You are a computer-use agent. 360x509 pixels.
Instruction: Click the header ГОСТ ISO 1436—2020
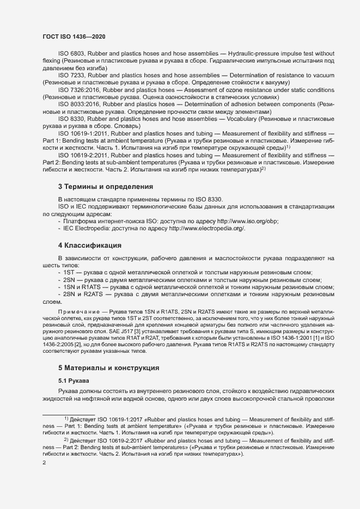coord(74,36)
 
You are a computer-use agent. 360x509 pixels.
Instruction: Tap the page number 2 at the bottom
coord(45,463)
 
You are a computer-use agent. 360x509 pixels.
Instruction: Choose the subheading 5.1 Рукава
coord(74,380)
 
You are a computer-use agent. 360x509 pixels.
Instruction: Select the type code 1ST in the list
coord(69,272)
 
